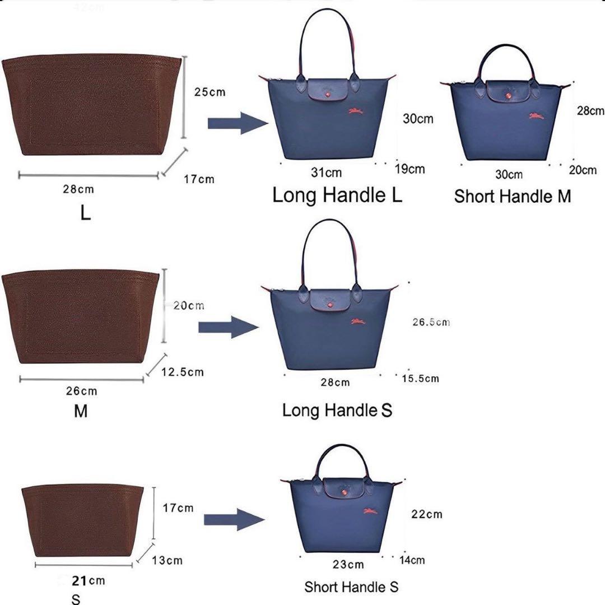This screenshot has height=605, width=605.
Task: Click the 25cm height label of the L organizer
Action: (210, 92)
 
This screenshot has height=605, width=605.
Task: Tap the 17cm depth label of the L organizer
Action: (199, 179)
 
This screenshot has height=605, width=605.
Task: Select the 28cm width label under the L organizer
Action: (78, 189)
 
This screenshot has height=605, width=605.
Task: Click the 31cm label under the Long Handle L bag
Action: (326, 172)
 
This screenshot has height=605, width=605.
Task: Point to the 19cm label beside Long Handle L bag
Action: (409, 169)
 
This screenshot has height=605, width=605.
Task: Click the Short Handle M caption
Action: (512, 196)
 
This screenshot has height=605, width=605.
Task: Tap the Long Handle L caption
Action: (337, 195)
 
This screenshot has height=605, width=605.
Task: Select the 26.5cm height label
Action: (431, 322)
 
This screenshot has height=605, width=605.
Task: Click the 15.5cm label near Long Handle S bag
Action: (420, 379)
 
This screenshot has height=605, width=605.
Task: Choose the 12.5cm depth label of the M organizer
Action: (182, 372)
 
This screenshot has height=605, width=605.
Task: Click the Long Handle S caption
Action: (337, 409)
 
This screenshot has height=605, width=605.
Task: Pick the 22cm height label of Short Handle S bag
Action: (426, 514)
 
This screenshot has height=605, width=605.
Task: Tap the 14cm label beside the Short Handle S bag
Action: (412, 560)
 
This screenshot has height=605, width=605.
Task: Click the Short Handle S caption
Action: (351, 587)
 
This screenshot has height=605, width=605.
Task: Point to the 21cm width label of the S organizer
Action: (89, 580)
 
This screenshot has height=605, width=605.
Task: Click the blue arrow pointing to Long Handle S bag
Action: (229, 327)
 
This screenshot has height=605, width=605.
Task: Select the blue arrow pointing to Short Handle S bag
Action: (234, 520)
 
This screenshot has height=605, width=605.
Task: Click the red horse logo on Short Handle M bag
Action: (536, 116)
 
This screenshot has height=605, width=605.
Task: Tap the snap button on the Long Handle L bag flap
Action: (328, 95)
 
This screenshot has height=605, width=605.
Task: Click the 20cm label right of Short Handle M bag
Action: (583, 170)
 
